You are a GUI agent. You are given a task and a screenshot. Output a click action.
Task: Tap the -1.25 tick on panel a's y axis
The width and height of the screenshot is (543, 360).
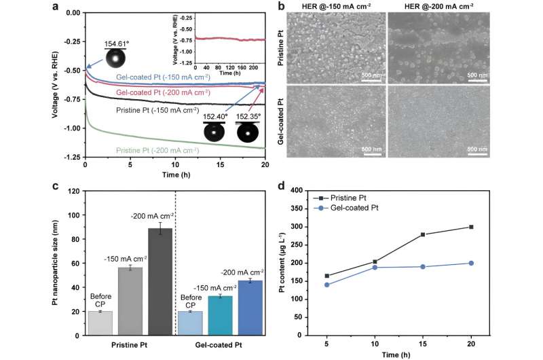[71, 158]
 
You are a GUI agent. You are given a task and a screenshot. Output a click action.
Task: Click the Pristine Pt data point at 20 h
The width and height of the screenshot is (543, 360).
[471, 227]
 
